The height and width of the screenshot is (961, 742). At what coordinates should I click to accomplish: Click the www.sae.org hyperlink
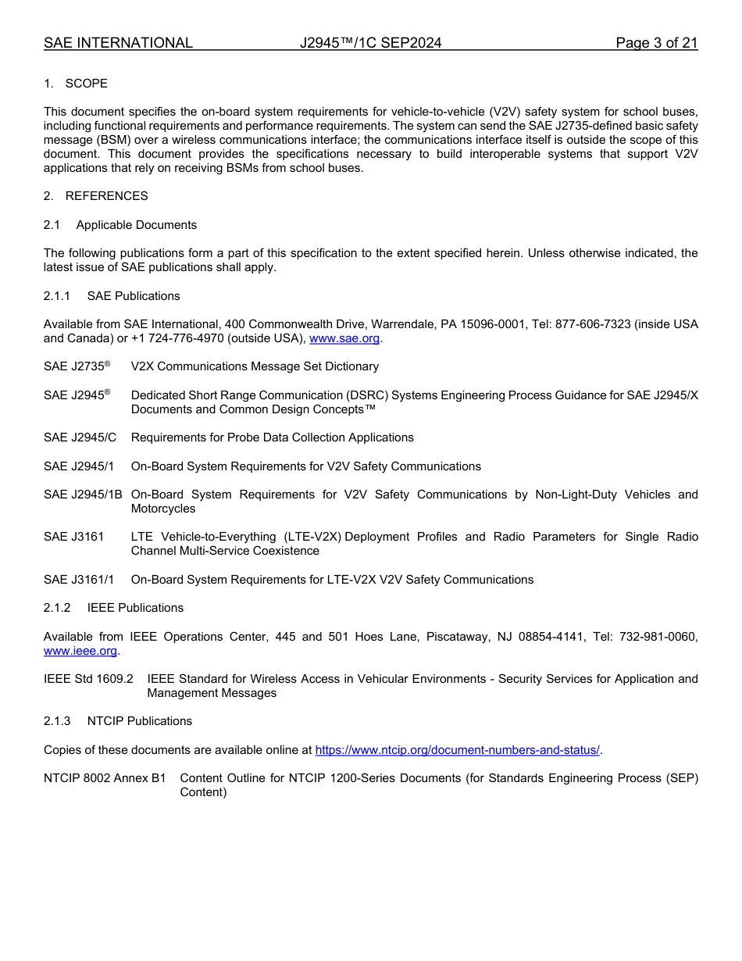point(344,338)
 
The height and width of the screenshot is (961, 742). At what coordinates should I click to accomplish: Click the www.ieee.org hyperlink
point(80,651)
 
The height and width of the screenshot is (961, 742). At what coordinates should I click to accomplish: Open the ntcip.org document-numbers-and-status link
point(457,750)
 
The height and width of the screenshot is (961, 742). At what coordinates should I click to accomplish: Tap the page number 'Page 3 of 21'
point(656,43)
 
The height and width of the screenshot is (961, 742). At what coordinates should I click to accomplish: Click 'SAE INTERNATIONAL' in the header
point(118,43)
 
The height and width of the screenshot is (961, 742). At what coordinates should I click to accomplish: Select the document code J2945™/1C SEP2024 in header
point(370,43)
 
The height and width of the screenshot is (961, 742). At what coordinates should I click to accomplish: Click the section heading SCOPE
point(86,84)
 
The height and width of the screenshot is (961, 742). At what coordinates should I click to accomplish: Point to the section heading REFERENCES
point(106,196)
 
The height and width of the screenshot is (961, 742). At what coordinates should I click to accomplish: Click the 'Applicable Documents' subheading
point(136,225)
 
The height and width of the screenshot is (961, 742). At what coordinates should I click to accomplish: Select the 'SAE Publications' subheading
point(134,296)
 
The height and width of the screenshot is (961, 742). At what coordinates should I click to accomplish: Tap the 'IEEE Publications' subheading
point(135,608)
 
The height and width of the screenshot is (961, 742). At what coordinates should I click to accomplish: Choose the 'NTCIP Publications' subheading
point(139,721)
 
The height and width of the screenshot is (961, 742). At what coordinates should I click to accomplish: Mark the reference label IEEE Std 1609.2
point(88,679)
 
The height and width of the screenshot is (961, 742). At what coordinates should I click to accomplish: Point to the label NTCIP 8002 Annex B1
point(105,778)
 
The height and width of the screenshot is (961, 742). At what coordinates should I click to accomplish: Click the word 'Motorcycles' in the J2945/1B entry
point(163,509)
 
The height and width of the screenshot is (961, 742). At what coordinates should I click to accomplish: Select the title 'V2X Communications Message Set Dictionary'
point(255,366)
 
